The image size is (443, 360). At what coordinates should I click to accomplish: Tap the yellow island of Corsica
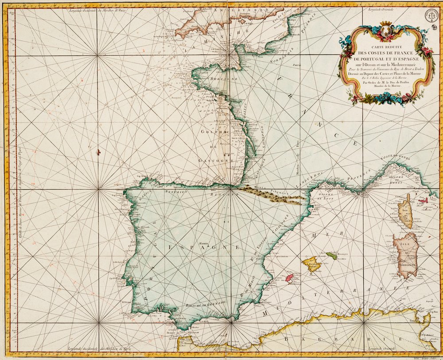pyautogui.click(x=404, y=212)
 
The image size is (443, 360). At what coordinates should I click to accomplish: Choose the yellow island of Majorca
pyautogui.click(x=312, y=264)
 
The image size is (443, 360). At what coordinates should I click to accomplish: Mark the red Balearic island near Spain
pyautogui.click(x=289, y=278)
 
